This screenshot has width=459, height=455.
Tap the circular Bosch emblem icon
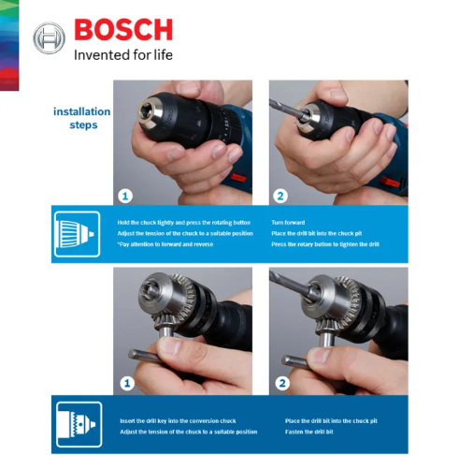pyautogui.click(x=49, y=39)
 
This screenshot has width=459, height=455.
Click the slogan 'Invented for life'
pyautogui.click(x=122, y=54)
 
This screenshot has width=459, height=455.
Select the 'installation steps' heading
pyautogui.click(x=81, y=118)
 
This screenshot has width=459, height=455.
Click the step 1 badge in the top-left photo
pyautogui.click(x=125, y=196)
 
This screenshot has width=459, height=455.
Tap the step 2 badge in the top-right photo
pyautogui.click(x=280, y=196)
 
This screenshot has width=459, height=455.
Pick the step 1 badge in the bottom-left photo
pyautogui.click(x=125, y=383)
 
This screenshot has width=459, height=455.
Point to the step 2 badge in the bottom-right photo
pyautogui.click(x=280, y=383)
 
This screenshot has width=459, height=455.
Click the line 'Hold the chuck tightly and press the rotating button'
pyautogui.click(x=183, y=223)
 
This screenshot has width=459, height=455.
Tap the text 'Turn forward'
pyautogui.click(x=288, y=223)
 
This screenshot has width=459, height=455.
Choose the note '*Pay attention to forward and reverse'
pyautogui.click(x=165, y=243)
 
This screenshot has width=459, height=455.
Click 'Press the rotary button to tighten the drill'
pyautogui.click(x=324, y=243)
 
